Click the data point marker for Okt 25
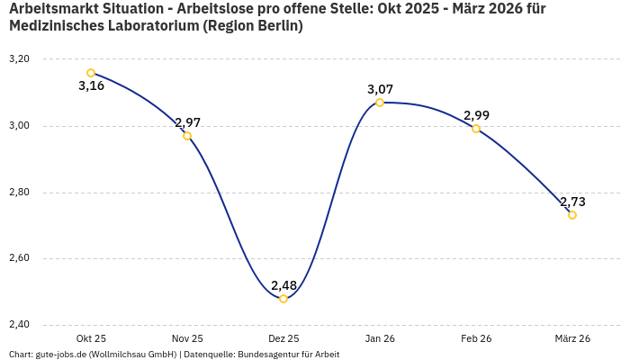pyautogui.click(x=91, y=73)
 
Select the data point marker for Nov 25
pyautogui.click(x=187, y=136)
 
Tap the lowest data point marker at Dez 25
pyautogui.click(x=283, y=299)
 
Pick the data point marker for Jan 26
pyautogui.click(x=380, y=103)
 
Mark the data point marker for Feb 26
pyautogui.click(x=476, y=129)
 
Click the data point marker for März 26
pyautogui.click(x=572, y=215)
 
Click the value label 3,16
pyautogui.click(x=91, y=86)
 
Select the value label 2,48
pyautogui.click(x=283, y=285)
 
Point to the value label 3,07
pyautogui.click(x=380, y=89)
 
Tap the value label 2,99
pyautogui.click(x=476, y=115)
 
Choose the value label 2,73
pyautogui.click(x=572, y=202)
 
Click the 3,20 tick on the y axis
pyautogui.click(x=19, y=59)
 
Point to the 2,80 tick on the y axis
pyautogui.click(x=19, y=193)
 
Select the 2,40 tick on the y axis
pyautogui.click(x=19, y=325)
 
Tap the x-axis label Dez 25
pyautogui.click(x=283, y=338)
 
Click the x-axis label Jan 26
pyautogui.click(x=380, y=338)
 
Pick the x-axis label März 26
pyautogui.click(x=572, y=338)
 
